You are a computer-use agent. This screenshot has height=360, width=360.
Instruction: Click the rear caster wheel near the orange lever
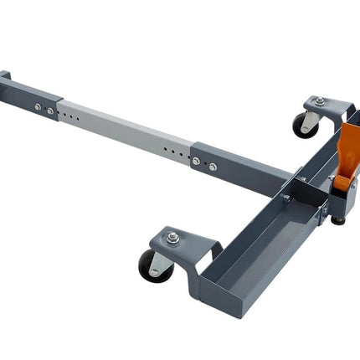[302, 126]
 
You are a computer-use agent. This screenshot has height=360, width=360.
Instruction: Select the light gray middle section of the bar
[126, 130]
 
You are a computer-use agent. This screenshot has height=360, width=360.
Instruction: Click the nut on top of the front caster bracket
[172, 238]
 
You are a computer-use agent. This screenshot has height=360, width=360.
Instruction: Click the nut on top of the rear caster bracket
[319, 101]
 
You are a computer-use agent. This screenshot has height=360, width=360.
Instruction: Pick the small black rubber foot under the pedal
[337, 220]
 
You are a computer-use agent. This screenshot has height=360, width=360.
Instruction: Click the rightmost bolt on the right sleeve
[213, 167]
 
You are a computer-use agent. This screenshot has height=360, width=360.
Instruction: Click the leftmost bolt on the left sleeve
[39, 106]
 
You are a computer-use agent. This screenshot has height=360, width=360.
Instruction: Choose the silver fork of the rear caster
[311, 121]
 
